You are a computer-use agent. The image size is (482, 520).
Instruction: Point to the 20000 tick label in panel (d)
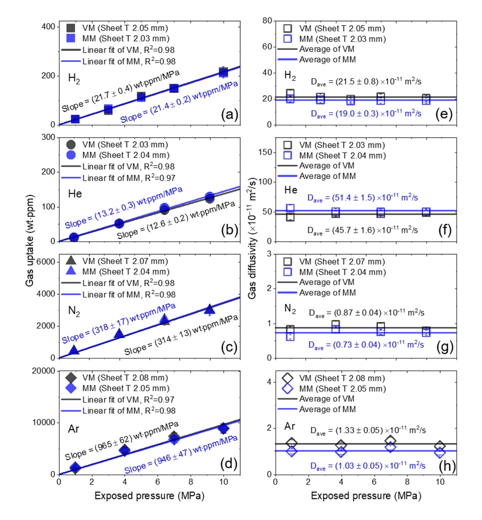click(43, 371)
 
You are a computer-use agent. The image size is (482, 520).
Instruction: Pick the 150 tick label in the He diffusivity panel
click(264, 152)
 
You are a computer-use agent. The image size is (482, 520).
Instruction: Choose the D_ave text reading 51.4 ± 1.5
click(363, 198)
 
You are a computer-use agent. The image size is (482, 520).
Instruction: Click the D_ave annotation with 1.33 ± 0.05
click(368, 431)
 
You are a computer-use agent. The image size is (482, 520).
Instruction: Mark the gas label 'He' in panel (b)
click(75, 194)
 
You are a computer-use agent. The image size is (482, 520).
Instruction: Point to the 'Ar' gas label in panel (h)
click(290, 426)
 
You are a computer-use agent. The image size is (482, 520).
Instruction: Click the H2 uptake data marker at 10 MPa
click(224, 72)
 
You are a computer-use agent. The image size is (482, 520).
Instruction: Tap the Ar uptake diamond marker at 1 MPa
click(76, 467)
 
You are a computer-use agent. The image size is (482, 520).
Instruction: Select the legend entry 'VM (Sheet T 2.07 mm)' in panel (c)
click(125, 261)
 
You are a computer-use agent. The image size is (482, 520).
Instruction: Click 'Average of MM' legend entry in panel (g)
click(327, 293)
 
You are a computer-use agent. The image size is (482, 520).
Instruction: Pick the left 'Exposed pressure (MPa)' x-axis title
click(149, 496)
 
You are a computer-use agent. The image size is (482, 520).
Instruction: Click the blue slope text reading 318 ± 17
click(119, 324)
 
